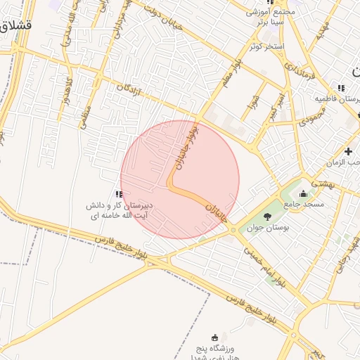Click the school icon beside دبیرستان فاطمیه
coord(341,88)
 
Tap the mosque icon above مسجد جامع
coord(303,193)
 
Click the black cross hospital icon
coord(349,152)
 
